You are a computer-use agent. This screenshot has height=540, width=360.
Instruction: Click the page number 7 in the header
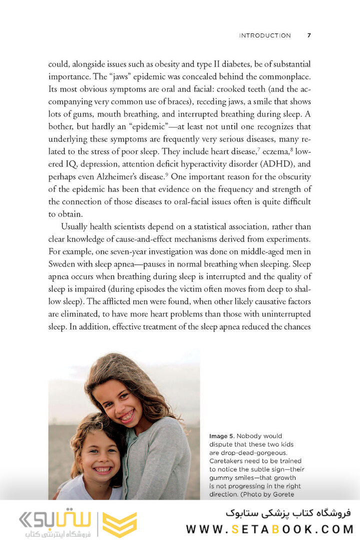tap(309, 35)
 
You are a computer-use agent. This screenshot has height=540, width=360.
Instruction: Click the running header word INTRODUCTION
tap(264, 35)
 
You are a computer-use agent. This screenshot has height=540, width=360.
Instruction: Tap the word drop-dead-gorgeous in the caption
tap(256, 452)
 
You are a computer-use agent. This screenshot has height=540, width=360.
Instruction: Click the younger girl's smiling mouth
tap(102, 469)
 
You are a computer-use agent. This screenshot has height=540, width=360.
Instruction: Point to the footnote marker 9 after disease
tap(180, 174)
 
